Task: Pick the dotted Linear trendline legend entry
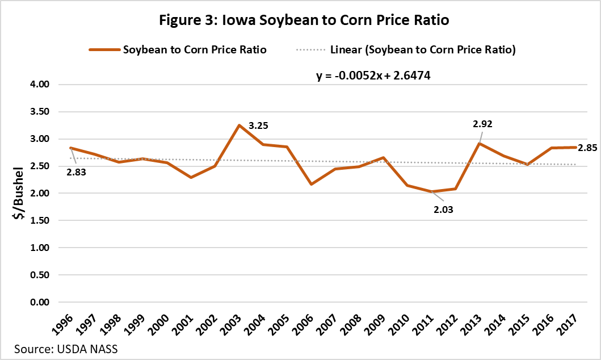point(406,49)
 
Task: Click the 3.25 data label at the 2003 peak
point(258,126)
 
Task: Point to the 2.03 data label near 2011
point(444,209)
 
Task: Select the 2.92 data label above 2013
point(482,122)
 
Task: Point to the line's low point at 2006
point(312,184)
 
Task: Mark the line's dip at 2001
point(191,177)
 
